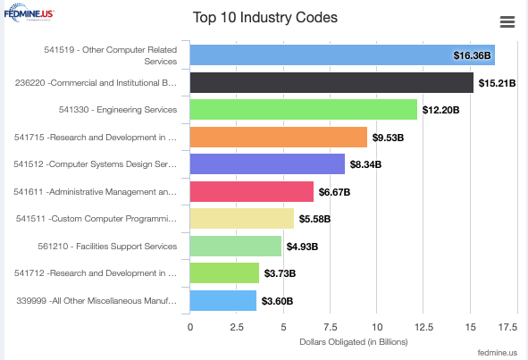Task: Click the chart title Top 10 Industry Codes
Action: [271, 18]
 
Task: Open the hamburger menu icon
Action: [507, 22]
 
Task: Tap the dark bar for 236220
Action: [331, 83]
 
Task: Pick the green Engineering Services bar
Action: [304, 110]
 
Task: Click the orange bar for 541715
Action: [279, 138]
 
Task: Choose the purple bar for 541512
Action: [267, 164]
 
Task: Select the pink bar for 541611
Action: [252, 192]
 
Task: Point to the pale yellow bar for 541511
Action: [242, 219]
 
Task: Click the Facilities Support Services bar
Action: [236, 247]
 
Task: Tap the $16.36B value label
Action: [472, 55]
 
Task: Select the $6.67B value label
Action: [335, 192]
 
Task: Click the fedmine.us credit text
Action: [497, 354]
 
